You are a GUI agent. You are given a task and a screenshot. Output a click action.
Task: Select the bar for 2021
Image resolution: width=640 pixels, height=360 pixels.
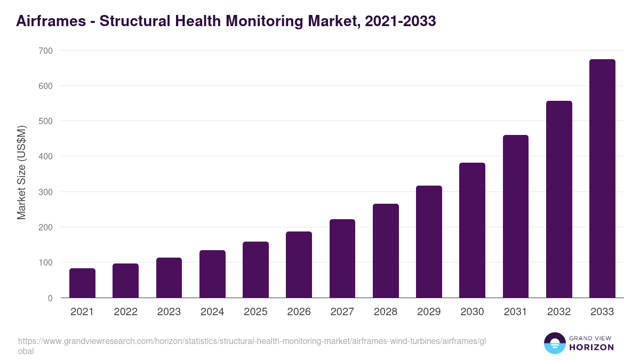coord(82,283)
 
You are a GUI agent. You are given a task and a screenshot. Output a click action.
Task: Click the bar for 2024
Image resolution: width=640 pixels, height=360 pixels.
coord(212,274)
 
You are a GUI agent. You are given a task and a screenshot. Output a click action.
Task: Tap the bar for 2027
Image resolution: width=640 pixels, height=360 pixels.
coord(342,259)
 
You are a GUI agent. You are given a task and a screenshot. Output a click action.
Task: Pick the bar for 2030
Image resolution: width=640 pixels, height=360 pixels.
coord(472,230)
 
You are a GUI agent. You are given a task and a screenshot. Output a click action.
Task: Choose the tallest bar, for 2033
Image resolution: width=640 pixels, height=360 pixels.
coord(602,179)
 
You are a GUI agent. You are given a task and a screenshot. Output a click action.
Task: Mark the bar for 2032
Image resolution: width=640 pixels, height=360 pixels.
coord(559,199)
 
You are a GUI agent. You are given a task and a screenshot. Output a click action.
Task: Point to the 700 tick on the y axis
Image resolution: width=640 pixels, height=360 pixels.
coord(45,51)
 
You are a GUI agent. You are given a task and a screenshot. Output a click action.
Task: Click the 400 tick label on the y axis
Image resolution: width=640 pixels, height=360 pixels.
coord(45,156)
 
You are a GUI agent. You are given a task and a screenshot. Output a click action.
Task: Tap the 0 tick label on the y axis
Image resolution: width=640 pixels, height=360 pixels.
coord(50,298)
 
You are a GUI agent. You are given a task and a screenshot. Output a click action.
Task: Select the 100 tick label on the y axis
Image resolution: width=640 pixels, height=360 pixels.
coord(45,262)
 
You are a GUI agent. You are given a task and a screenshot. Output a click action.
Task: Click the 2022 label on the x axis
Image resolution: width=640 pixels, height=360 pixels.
coord(125,312)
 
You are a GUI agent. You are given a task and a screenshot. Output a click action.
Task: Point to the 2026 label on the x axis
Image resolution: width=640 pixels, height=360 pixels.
coord(299,312)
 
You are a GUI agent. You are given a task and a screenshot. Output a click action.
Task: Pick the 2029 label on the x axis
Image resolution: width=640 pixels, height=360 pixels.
coord(429,312)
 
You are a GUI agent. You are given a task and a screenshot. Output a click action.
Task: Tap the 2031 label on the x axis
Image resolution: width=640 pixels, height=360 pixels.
coord(516,312)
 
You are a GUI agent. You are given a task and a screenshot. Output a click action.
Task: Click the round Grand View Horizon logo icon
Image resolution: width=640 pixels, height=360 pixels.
coord(554,343)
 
